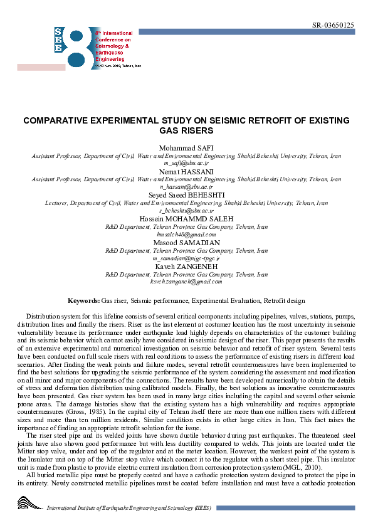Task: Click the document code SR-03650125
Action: pyautogui.click(x=332, y=25)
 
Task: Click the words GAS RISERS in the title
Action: pyautogui.click(x=186, y=130)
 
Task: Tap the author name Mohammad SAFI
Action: pyautogui.click(x=186, y=147)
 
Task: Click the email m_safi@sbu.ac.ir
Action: pyautogui.click(x=186, y=162)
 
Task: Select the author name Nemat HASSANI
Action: pyautogui.click(x=186, y=171)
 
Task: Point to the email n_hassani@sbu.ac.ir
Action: pyautogui.click(x=186, y=187)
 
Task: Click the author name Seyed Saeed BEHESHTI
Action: pyautogui.click(x=186, y=195)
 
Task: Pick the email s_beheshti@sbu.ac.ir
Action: pyautogui.click(x=186, y=211)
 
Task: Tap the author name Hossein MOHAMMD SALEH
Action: pyautogui.click(x=186, y=219)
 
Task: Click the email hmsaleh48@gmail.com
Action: pyautogui.click(x=186, y=235)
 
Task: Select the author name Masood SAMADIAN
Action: pyautogui.click(x=186, y=243)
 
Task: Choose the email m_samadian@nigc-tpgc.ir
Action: pyautogui.click(x=186, y=258)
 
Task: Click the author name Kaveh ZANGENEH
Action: pyautogui.click(x=186, y=267)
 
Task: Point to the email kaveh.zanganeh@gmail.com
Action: pyautogui.click(x=186, y=282)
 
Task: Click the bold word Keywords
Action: pyautogui.click(x=84, y=302)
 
